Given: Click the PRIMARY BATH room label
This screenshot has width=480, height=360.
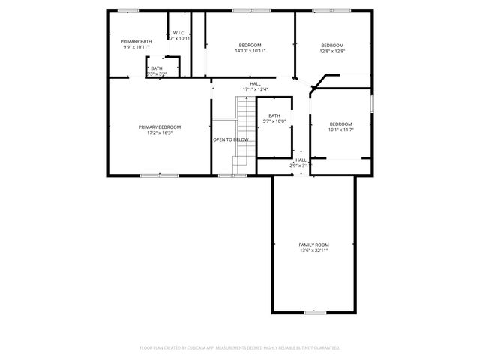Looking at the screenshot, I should [x=136, y=41].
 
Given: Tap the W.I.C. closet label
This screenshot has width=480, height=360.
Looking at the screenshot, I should [x=179, y=33].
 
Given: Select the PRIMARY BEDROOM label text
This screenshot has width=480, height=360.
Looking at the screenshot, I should [x=160, y=127].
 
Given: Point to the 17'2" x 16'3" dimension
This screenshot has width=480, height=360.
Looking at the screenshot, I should [x=160, y=133].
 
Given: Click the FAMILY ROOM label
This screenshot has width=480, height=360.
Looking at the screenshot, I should [x=313, y=244].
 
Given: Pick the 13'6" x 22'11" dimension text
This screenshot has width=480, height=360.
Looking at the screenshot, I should [x=313, y=250].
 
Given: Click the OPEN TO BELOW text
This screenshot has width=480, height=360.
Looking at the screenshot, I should [x=231, y=139].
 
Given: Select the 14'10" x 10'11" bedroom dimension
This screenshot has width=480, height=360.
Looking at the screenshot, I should [x=250, y=51].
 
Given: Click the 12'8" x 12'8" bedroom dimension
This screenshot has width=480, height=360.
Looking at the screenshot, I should [x=332, y=51].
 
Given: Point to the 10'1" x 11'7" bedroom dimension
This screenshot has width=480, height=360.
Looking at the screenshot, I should [x=340, y=130].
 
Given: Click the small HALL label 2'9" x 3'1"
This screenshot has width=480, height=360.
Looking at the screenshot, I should [x=301, y=163].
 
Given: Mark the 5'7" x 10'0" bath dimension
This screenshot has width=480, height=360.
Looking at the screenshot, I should [x=274, y=121].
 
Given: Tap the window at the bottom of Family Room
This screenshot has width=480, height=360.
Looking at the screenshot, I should [x=314, y=311].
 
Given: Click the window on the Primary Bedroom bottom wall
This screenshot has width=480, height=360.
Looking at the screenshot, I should [x=148, y=175].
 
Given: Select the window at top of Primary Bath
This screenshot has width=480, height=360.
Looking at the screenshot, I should [x=128, y=10].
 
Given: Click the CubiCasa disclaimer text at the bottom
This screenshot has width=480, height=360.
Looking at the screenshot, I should [x=240, y=347].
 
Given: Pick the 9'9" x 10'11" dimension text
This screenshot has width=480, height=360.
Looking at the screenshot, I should [x=136, y=47].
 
